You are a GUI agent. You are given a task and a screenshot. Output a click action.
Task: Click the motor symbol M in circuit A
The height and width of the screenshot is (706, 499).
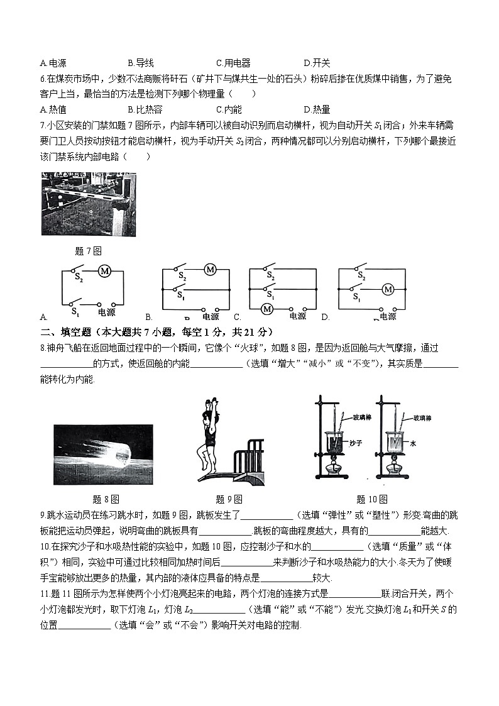pyautogui.click(x=104, y=272)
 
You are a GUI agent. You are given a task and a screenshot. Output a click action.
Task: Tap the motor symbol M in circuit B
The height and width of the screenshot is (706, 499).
pyautogui.click(x=210, y=270)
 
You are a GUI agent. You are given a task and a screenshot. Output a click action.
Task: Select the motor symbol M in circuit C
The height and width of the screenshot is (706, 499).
pyautogui.click(x=267, y=308)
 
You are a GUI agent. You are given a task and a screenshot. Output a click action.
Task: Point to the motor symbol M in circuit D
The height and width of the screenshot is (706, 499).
pyautogui.click(x=388, y=289)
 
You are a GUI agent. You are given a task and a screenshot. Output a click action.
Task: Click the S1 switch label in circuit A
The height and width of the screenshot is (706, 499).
pyautogui.click(x=75, y=311)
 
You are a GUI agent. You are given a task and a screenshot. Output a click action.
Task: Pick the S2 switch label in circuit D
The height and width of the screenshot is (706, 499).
pyautogui.click(x=361, y=275)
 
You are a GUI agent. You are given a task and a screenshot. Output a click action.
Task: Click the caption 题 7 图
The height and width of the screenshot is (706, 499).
pyautogui.click(x=88, y=251)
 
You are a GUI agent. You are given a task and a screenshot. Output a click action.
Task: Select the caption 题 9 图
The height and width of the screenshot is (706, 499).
pyautogui.click(x=229, y=500)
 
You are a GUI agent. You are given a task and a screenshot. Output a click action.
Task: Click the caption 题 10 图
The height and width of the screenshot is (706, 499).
pyautogui.click(x=371, y=500)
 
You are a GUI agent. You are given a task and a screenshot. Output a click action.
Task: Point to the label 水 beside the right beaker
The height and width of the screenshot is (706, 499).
pyautogui.click(x=413, y=443)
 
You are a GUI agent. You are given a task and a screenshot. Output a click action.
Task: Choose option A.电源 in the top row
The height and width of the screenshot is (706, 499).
pyautogui.click(x=53, y=63)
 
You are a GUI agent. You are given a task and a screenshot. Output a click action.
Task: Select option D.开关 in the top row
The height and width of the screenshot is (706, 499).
pyautogui.click(x=317, y=63)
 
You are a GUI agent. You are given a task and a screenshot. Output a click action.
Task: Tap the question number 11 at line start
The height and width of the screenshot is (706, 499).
pyautogui.click(x=44, y=593)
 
